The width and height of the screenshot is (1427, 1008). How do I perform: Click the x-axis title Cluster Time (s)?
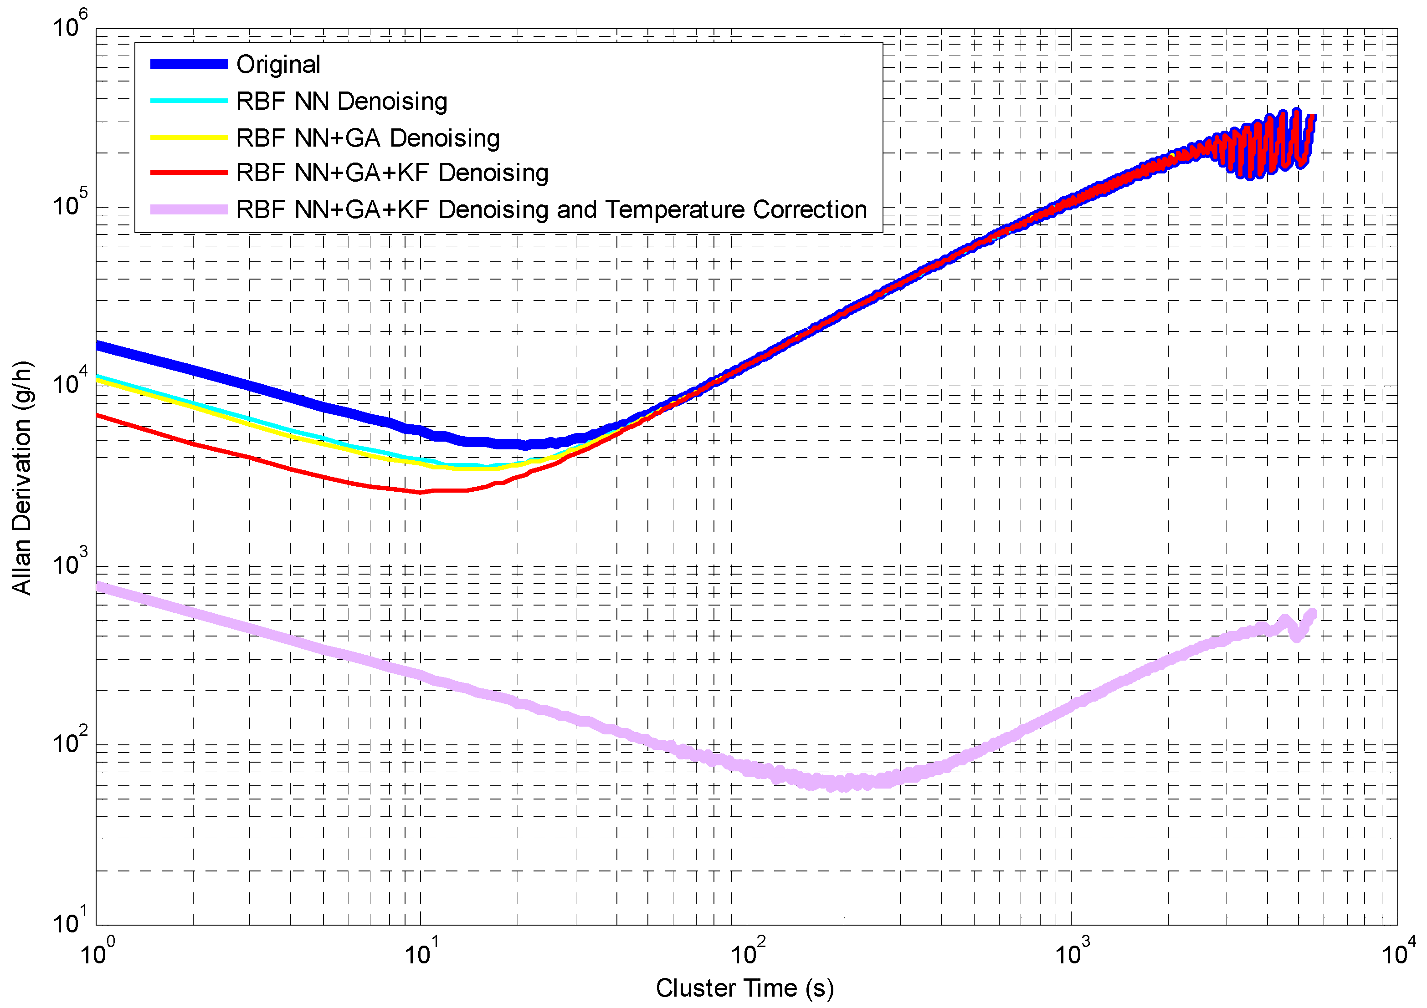point(744,988)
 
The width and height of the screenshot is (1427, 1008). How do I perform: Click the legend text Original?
point(278,64)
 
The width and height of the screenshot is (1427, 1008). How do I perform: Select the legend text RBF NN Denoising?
point(341,101)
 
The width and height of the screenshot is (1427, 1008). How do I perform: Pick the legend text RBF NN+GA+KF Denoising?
point(392,173)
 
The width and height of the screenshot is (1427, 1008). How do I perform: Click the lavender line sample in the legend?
point(189,209)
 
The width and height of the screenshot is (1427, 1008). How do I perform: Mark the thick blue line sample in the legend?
point(189,64)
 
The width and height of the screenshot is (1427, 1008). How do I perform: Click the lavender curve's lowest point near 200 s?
point(844,786)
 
